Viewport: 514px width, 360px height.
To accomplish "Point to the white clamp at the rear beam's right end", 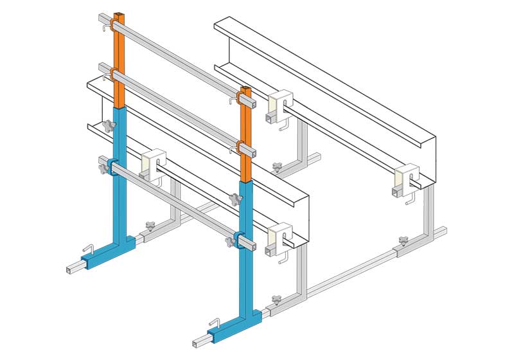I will pos(406,177).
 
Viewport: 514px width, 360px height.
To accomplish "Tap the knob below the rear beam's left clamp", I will pos(277,168).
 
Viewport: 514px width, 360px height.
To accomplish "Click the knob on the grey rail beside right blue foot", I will pos(277,300).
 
